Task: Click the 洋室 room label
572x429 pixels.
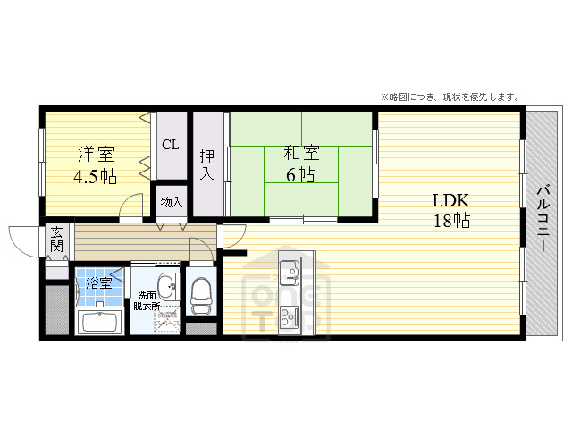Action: [94, 153]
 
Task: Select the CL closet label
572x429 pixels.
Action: [170, 145]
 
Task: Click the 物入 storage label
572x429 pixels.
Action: [171, 202]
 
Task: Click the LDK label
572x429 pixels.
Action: [451, 199]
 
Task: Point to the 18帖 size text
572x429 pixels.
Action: [451, 221]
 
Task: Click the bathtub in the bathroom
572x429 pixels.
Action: [99, 321]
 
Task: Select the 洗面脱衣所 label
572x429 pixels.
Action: [147, 300]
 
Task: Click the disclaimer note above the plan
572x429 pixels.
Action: [450, 97]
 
